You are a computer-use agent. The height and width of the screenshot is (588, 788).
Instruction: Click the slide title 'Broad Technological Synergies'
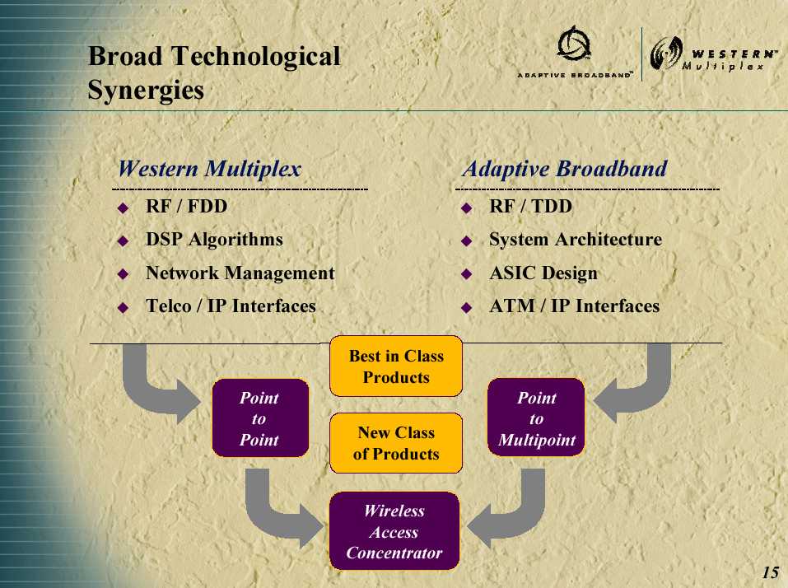(x=214, y=72)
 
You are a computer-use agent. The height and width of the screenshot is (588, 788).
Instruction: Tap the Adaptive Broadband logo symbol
(x=574, y=44)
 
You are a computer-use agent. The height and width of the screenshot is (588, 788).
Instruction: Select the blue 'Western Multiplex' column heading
(x=210, y=169)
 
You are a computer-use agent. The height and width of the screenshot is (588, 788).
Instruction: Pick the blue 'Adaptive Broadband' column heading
(x=565, y=169)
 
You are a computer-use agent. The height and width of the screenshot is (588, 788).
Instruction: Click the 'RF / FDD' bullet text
(x=186, y=207)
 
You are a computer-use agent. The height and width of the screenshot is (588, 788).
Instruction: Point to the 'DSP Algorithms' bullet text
(x=214, y=240)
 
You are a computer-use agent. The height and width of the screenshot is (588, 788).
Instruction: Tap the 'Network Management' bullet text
(x=240, y=273)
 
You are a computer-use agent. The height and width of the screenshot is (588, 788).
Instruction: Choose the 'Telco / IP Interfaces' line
(x=231, y=306)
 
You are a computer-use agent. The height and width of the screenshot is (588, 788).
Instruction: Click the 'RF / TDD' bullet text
(x=531, y=207)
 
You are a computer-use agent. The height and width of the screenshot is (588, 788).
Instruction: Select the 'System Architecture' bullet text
(x=576, y=240)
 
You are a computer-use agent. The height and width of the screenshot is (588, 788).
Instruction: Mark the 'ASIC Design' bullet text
(x=543, y=273)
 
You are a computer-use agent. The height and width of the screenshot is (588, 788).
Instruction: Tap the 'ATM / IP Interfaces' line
(x=575, y=306)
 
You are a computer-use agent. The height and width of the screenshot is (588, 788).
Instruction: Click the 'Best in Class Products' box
(x=396, y=366)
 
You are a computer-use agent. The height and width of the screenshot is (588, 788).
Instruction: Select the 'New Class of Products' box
(x=396, y=443)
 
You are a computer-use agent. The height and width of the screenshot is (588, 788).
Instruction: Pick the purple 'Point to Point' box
(x=260, y=418)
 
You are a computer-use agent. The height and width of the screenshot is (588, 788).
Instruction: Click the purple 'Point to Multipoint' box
(x=536, y=418)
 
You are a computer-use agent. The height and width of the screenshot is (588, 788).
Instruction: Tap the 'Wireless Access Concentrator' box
(x=394, y=531)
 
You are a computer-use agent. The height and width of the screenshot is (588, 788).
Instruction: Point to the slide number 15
(x=771, y=572)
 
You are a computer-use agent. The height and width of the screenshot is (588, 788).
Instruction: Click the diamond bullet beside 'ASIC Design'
(x=467, y=274)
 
